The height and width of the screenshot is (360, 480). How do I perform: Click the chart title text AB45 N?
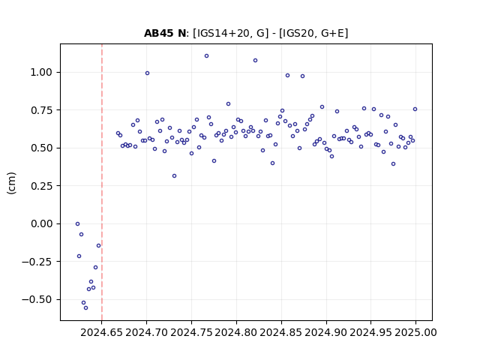click(x=165, y=33)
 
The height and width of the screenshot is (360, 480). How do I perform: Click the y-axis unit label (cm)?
click(x=12, y=183)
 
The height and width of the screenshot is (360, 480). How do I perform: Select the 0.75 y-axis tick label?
click(x=41, y=110)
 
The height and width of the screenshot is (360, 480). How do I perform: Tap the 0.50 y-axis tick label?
click(x=41, y=148)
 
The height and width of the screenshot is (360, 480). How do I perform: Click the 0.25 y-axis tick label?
click(x=41, y=186)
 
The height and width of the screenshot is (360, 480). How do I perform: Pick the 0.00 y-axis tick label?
click(x=41, y=223)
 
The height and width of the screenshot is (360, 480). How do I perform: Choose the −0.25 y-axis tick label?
click(x=37, y=262)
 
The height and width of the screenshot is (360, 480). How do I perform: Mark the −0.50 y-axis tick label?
click(x=37, y=299)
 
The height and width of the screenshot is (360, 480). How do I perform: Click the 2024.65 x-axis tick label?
click(x=102, y=332)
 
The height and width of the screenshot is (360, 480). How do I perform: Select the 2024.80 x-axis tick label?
click(x=236, y=332)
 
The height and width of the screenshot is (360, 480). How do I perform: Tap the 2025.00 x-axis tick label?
click(x=415, y=332)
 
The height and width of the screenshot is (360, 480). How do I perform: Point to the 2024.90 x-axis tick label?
click(x=326, y=332)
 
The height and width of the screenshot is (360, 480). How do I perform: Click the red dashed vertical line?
click(x=102, y=182)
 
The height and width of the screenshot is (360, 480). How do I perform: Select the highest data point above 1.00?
click(x=207, y=56)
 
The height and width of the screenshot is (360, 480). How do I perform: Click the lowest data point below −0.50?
click(x=86, y=308)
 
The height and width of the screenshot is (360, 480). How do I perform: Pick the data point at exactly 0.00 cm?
click(x=77, y=224)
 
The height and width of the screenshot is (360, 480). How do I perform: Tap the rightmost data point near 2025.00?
click(x=415, y=109)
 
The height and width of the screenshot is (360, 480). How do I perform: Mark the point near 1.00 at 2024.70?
click(x=147, y=73)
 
